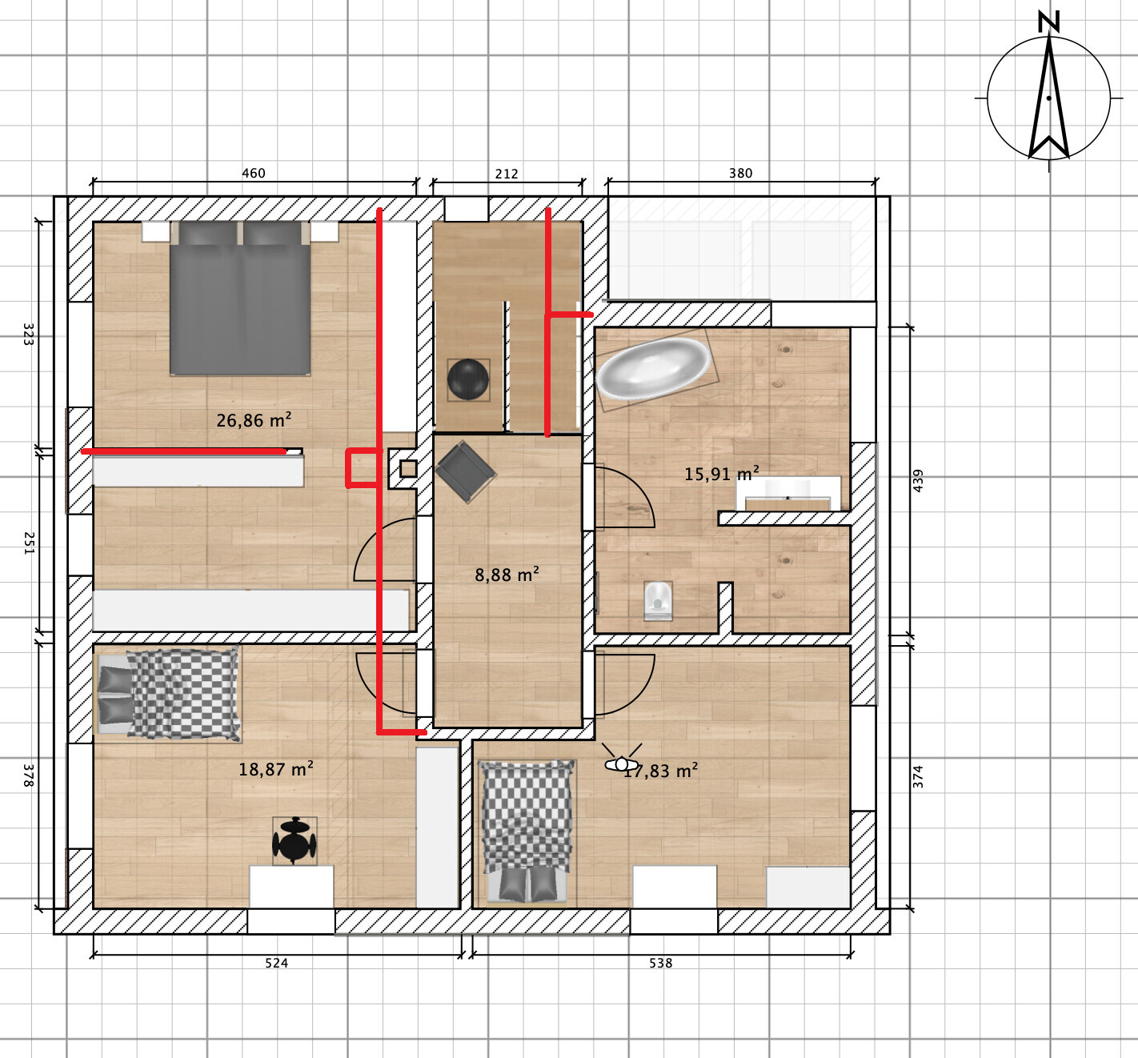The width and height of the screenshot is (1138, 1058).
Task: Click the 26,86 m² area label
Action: click(254, 420)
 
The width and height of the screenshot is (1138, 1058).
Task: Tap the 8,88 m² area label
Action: click(507, 575)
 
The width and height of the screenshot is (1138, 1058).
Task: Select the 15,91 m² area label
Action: click(721, 474)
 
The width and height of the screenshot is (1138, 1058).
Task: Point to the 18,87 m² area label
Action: click(275, 768)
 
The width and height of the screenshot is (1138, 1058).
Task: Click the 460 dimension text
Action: click(253, 173)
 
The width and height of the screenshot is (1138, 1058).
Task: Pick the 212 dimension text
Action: click(507, 173)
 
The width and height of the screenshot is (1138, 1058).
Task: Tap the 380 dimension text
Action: click(740, 173)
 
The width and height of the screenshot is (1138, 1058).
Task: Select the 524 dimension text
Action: click(276, 963)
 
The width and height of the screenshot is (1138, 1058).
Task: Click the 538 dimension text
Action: click(660, 963)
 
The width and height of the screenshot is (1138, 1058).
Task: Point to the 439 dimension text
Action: click(918, 480)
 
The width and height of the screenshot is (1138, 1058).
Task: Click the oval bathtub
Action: click(654, 369)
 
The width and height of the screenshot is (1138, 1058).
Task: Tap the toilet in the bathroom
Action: click(658, 601)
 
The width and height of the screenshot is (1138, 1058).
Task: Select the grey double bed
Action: click(240, 299)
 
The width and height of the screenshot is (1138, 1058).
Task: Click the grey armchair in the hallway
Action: click(465, 471)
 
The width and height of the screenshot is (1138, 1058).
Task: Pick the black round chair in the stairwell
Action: click(468, 379)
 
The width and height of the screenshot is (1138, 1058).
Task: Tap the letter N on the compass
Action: click(1048, 22)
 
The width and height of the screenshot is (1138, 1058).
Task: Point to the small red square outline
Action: click(363, 468)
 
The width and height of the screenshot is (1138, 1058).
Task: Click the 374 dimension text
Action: click(918, 776)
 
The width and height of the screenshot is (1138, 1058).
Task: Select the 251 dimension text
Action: click(29, 543)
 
